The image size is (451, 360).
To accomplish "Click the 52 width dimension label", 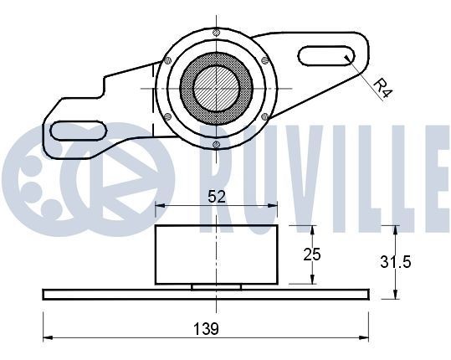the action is coord(217,197).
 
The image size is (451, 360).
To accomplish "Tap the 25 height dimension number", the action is coord(312,255).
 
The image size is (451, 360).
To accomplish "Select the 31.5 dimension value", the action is coord(396,262).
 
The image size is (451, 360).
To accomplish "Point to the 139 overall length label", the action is coord(206,329).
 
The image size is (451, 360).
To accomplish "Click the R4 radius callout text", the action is coord(382,89).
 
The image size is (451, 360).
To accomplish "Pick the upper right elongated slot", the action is coord(326,56).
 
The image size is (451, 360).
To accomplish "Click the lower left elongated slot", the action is coord(79,131).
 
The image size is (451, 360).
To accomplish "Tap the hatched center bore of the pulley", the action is coord(216,88).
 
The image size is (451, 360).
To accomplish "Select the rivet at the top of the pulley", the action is coord(216,33).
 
